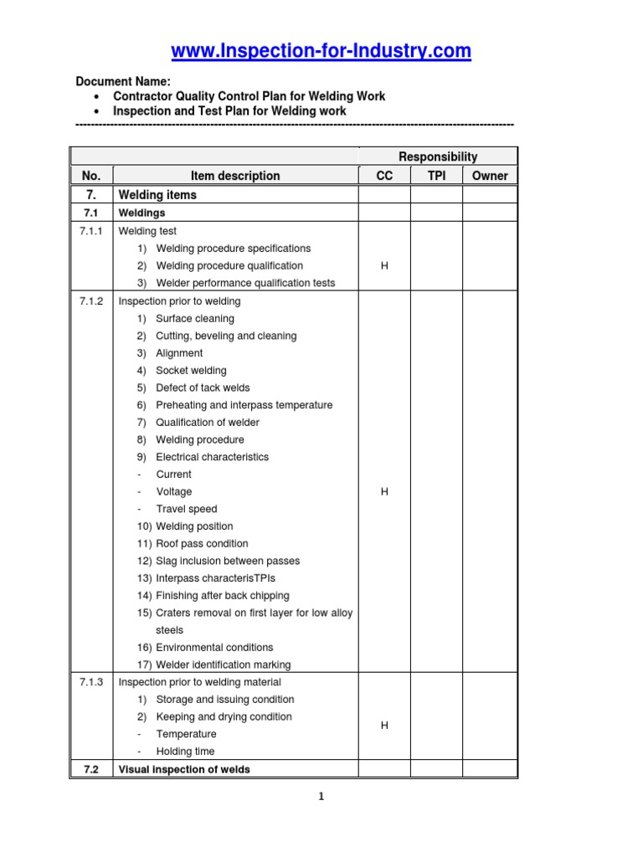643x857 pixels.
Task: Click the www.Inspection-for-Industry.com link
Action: tap(321, 52)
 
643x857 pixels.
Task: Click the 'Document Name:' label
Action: tap(123, 81)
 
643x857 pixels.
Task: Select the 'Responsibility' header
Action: tap(437, 157)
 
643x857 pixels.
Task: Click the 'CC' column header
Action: tap(384, 176)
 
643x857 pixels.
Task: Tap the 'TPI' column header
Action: tap(436, 176)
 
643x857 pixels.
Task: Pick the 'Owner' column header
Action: tap(490, 176)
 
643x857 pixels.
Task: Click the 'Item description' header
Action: tap(235, 176)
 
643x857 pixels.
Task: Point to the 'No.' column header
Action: tap(91, 176)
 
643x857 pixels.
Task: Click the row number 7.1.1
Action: tap(91, 231)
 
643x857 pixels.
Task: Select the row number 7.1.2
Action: tap(91, 301)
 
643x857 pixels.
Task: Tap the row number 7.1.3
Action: tap(91, 682)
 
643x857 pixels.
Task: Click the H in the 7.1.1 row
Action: tap(384, 266)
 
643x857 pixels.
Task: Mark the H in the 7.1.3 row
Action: tap(384, 726)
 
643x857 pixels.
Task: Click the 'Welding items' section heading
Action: tap(158, 195)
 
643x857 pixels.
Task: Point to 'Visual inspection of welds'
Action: tap(184, 769)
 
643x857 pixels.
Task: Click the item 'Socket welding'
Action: tap(191, 371)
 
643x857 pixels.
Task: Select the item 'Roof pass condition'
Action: tap(202, 544)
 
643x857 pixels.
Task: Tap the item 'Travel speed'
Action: tap(186, 509)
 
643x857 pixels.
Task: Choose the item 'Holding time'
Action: tap(185, 752)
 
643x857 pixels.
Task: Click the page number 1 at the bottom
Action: tap(321, 797)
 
